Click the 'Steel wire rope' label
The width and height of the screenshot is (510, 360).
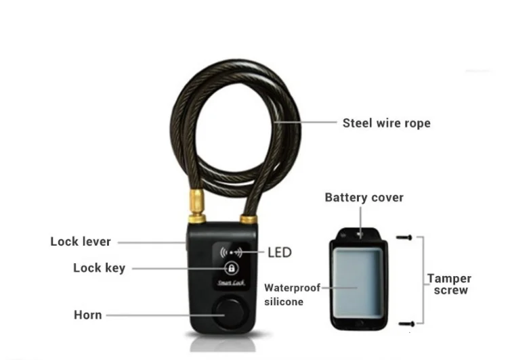tap(386, 123)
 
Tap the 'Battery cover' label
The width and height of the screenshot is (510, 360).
tap(364, 198)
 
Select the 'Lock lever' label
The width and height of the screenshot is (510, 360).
tap(81, 242)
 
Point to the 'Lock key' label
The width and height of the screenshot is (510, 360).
tap(99, 268)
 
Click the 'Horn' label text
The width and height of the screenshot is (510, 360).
tap(87, 315)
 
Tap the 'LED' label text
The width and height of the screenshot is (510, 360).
tap(278, 252)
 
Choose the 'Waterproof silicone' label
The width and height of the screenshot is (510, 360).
tap(292, 294)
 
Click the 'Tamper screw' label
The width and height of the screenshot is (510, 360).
tap(449, 284)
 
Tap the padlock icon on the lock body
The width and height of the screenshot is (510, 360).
tap(230, 269)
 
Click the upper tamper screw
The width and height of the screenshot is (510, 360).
tap(405, 238)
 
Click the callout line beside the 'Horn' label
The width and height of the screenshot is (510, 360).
tap(156, 315)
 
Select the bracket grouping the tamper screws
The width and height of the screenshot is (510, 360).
tap(422, 281)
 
